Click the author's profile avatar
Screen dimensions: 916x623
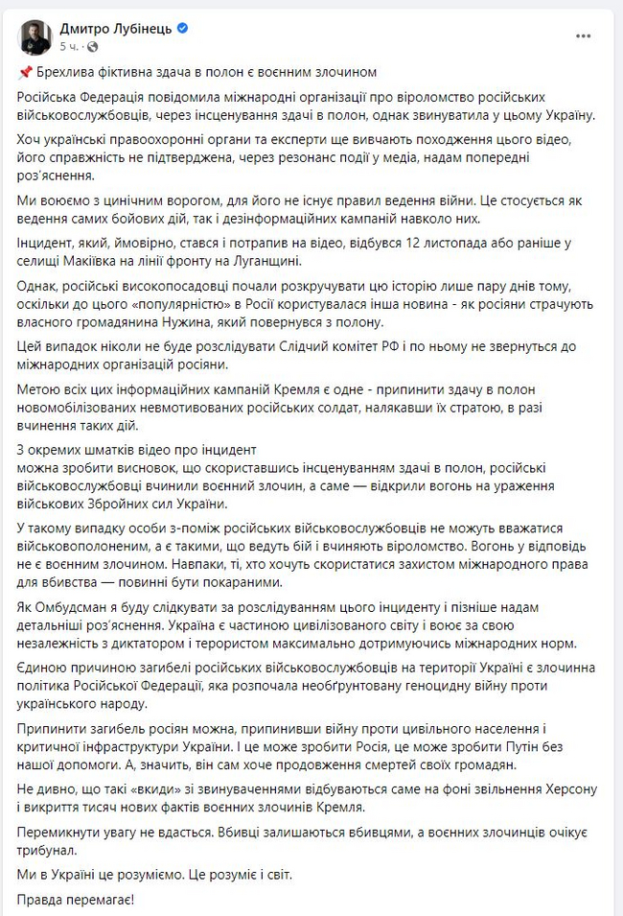[x=35, y=36]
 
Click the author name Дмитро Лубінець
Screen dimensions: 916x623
[x=115, y=29]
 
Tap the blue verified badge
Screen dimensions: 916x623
[x=183, y=29]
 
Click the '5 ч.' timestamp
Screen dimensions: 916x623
[x=69, y=46]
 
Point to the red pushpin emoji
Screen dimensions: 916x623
[x=24, y=73]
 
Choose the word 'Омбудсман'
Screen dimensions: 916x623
[x=82, y=610]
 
